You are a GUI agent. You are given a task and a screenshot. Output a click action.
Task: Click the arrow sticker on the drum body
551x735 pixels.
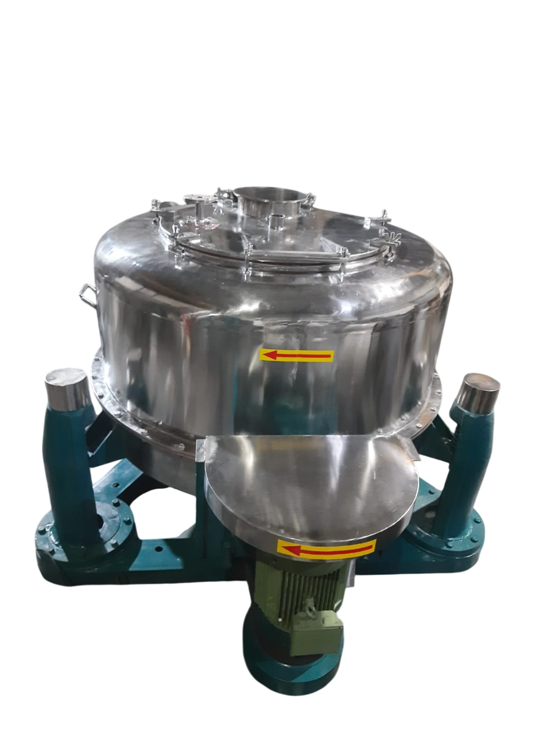tap(296, 356)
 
